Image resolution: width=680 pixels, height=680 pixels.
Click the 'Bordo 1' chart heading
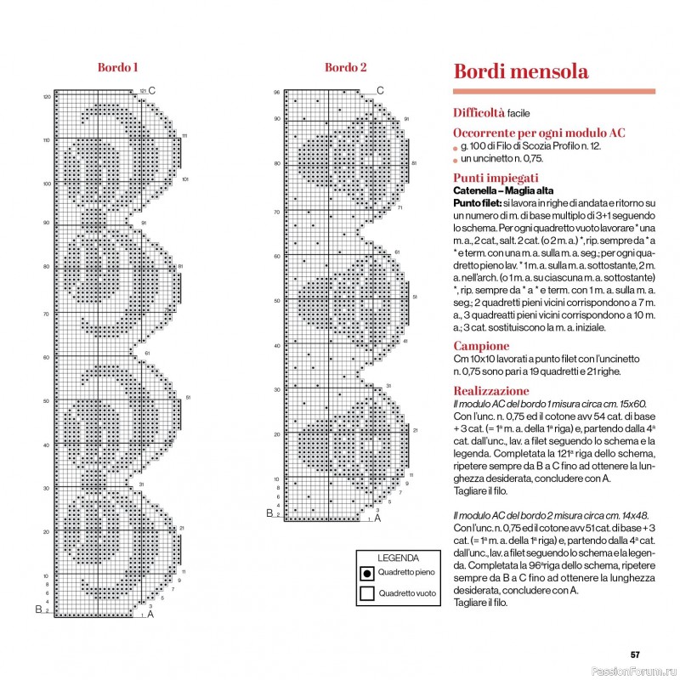click(x=118, y=67)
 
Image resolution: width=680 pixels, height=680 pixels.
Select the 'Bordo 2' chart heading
click(x=346, y=67)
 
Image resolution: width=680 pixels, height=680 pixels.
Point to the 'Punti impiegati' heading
click(x=496, y=178)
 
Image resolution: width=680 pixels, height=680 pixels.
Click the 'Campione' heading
click(x=481, y=346)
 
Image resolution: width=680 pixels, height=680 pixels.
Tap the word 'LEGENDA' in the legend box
click(x=398, y=558)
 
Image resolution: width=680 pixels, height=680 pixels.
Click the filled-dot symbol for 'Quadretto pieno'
click(x=366, y=573)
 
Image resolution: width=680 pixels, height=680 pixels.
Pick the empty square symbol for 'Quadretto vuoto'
click(x=366, y=593)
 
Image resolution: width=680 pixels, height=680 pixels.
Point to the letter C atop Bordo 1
click(x=152, y=90)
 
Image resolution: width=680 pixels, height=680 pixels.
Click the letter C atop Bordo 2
click(x=380, y=90)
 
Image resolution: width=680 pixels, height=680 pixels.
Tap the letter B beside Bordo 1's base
click(x=37, y=609)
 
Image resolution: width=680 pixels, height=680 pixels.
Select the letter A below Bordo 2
click(x=377, y=518)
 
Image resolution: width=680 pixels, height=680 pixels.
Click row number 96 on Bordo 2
click(x=276, y=92)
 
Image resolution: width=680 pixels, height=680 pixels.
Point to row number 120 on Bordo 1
click(x=47, y=97)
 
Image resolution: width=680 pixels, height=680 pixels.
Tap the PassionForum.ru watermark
click(x=640, y=671)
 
